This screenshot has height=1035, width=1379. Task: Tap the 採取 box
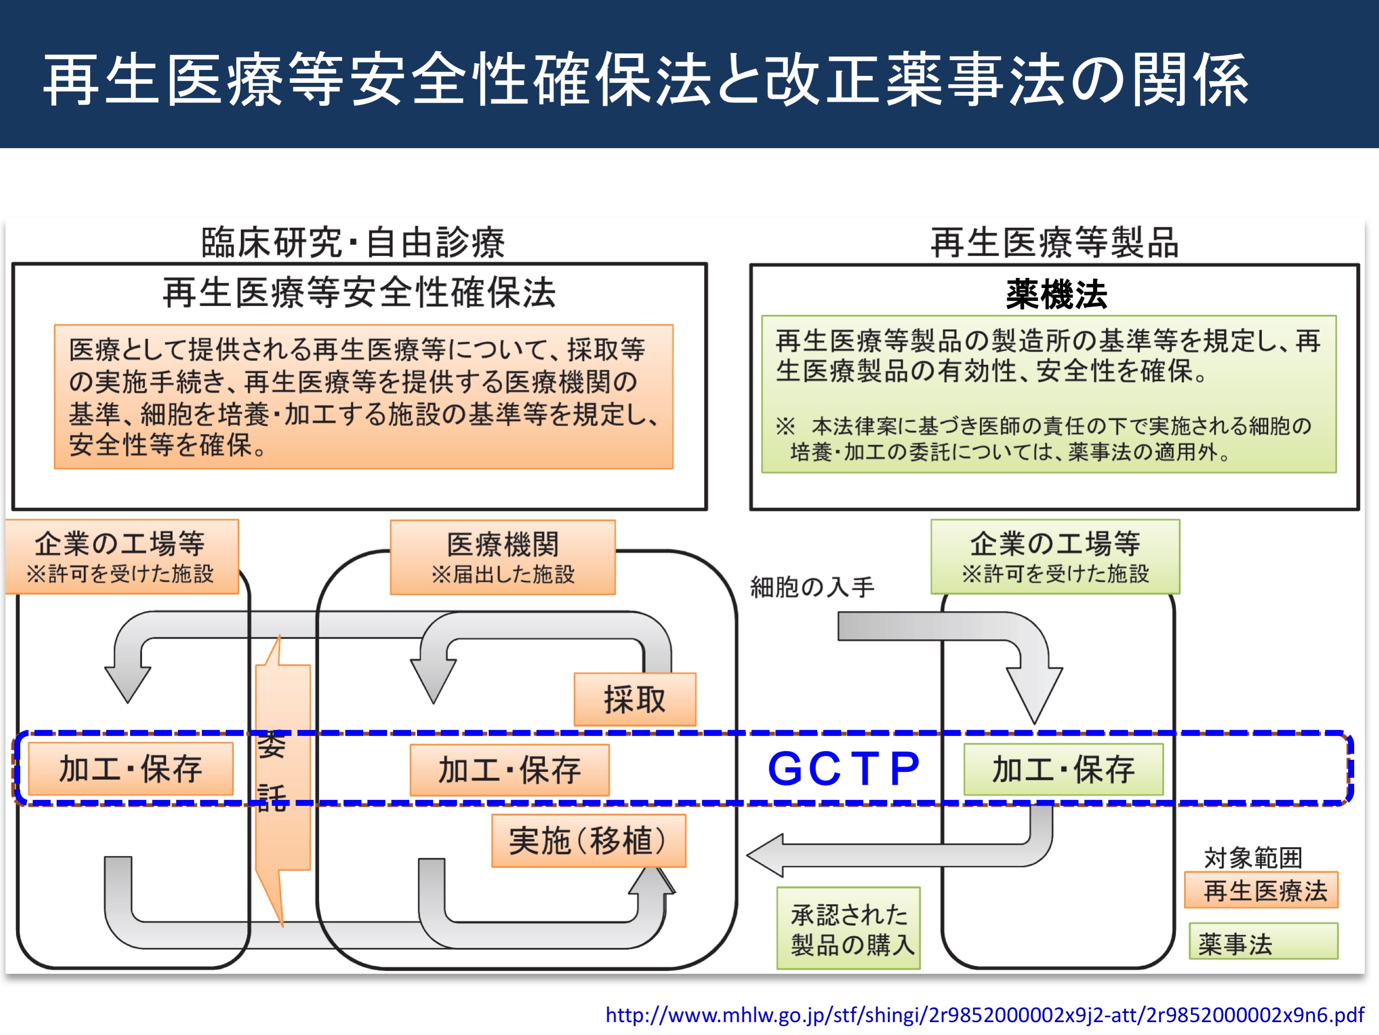635,699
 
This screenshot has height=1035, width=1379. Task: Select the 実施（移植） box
589,840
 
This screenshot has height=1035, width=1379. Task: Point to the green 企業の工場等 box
1055,556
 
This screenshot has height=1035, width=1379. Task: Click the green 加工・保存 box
1064,769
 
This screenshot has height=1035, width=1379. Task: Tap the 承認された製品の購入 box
848,928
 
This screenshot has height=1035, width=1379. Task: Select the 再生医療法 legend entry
1262,890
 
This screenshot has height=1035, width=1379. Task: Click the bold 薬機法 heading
1056,295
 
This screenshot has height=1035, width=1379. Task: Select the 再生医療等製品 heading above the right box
1055,242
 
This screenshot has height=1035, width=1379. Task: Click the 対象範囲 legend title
1253,858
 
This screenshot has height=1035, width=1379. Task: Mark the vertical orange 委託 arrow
282,780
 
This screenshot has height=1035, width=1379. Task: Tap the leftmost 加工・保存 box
131,769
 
